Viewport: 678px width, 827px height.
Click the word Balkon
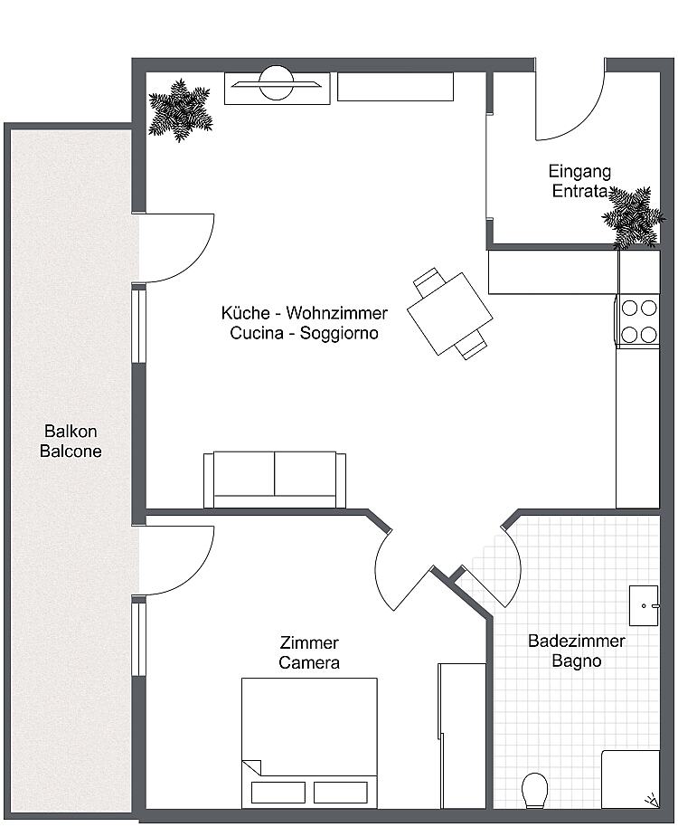click(x=71, y=432)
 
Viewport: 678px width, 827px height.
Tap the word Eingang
click(x=579, y=172)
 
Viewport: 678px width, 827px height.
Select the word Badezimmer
click(x=577, y=641)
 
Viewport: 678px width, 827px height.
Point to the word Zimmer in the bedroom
click(x=308, y=643)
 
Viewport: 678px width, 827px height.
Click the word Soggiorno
click(x=339, y=333)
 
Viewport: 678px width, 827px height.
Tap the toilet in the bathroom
click(x=534, y=790)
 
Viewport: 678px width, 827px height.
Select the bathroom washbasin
click(x=644, y=605)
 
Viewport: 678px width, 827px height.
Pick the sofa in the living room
click(x=275, y=480)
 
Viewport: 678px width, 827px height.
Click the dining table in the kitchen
click(x=450, y=313)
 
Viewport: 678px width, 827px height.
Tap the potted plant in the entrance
click(x=633, y=217)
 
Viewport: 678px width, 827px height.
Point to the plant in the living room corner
click(x=180, y=110)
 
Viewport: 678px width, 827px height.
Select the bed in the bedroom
click(x=309, y=743)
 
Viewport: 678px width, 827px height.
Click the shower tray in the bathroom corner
click(x=631, y=779)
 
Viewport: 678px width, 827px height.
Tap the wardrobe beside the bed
click(x=462, y=736)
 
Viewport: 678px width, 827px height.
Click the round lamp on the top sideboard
click(x=277, y=83)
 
